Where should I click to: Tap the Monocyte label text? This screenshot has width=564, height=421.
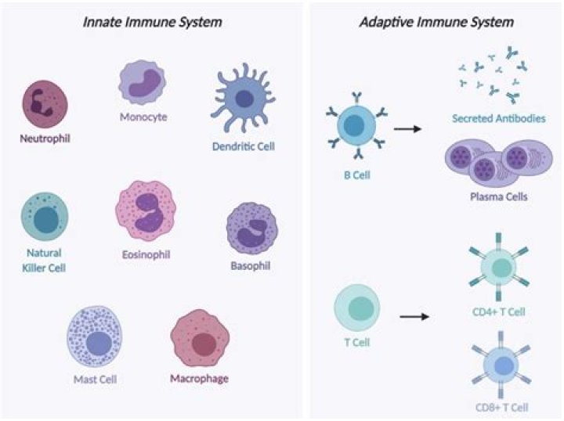(x=143, y=117)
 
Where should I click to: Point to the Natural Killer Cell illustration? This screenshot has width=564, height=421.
(x=45, y=217)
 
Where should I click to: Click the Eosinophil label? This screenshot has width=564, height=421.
(x=146, y=254)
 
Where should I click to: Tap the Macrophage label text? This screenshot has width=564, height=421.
(x=199, y=380)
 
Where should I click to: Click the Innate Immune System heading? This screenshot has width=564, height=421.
(x=153, y=22)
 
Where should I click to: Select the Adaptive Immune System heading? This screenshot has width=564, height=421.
(x=436, y=22)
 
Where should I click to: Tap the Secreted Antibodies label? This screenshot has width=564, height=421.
(x=498, y=119)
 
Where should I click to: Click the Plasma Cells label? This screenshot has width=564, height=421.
(x=498, y=196)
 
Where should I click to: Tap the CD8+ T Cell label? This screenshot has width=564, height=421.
(x=501, y=407)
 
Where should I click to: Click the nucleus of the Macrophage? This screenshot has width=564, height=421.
(x=204, y=343)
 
